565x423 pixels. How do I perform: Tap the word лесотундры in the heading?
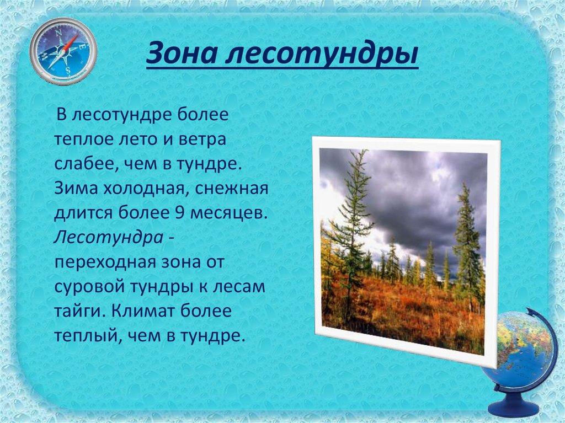(x=322, y=55)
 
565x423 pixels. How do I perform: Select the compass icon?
(x=63, y=51)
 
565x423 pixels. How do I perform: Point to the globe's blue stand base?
(x=513, y=404)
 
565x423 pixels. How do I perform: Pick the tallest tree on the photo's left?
(x=351, y=234)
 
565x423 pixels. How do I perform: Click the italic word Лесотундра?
(x=109, y=238)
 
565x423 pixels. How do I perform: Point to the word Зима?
(x=76, y=189)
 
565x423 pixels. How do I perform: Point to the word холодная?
(x=145, y=189)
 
